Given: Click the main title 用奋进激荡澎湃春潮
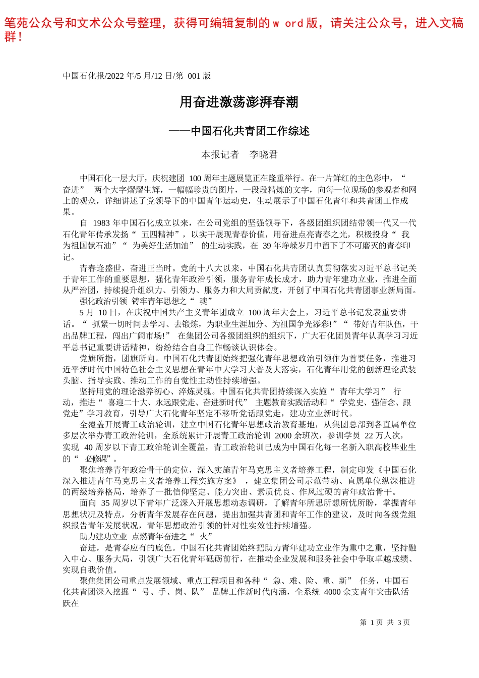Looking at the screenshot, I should coord(239,102).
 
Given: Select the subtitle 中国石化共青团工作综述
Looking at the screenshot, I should coord(250,131).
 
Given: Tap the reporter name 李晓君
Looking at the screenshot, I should coord(264,155).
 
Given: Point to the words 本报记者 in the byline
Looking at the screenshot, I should coord(220,155).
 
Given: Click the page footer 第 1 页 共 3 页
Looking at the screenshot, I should coord(385,623).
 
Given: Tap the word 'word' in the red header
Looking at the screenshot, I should coord(287,23).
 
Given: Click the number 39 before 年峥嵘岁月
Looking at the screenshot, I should coord(267,246).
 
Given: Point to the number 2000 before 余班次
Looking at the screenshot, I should coord(283,436).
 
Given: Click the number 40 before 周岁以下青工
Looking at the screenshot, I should coord(88,447).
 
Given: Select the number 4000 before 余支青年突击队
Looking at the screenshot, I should coord(333,592).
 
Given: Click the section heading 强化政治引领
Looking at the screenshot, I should coord(103,301).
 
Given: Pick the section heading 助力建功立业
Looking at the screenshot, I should coord(103,536).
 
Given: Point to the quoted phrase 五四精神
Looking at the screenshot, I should coord(157,235).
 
